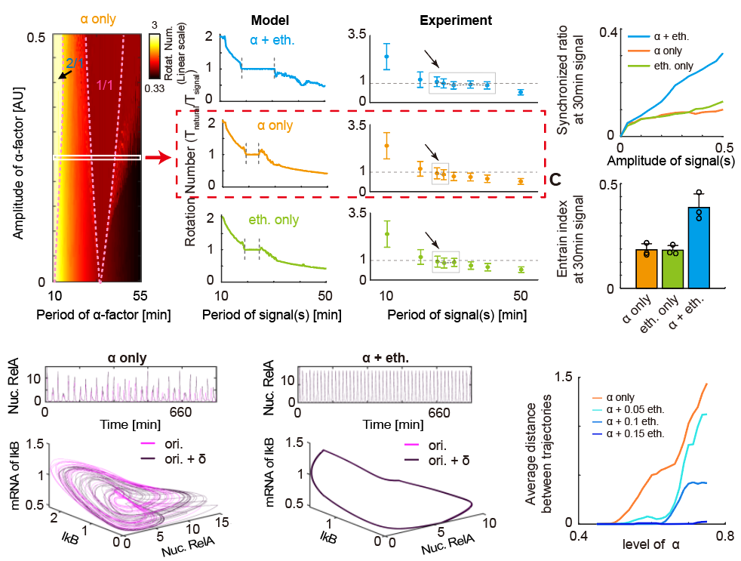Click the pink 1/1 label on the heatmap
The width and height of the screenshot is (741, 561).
point(106,86)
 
